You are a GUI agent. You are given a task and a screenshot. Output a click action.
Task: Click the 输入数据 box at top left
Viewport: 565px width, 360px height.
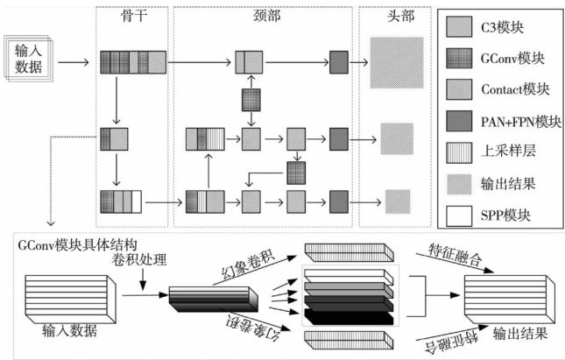pyautogui.click(x=29, y=59)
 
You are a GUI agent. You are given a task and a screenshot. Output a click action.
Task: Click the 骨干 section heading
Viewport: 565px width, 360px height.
pyautogui.click(x=131, y=18)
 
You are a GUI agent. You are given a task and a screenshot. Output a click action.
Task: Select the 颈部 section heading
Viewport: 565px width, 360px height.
pyautogui.click(x=263, y=18)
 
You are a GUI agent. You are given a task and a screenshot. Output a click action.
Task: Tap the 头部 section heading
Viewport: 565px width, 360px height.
pyautogui.click(x=399, y=18)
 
